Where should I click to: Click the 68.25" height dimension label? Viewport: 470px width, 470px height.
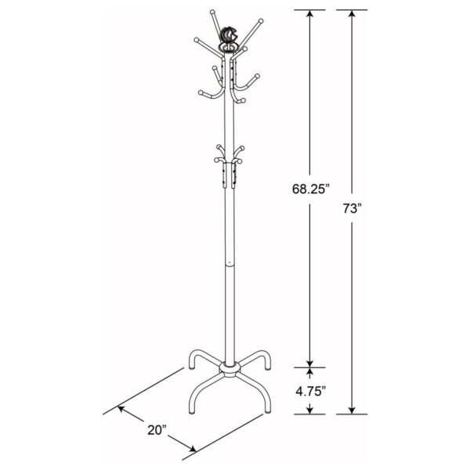click(309, 188)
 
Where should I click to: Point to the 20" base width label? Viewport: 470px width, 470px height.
click(157, 430)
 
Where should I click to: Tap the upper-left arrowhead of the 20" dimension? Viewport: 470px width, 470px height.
click(120, 408)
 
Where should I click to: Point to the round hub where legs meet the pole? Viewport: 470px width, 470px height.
click(229, 368)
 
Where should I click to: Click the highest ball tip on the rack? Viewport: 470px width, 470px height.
click(213, 11)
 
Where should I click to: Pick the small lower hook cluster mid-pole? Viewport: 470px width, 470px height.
click(228, 161)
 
